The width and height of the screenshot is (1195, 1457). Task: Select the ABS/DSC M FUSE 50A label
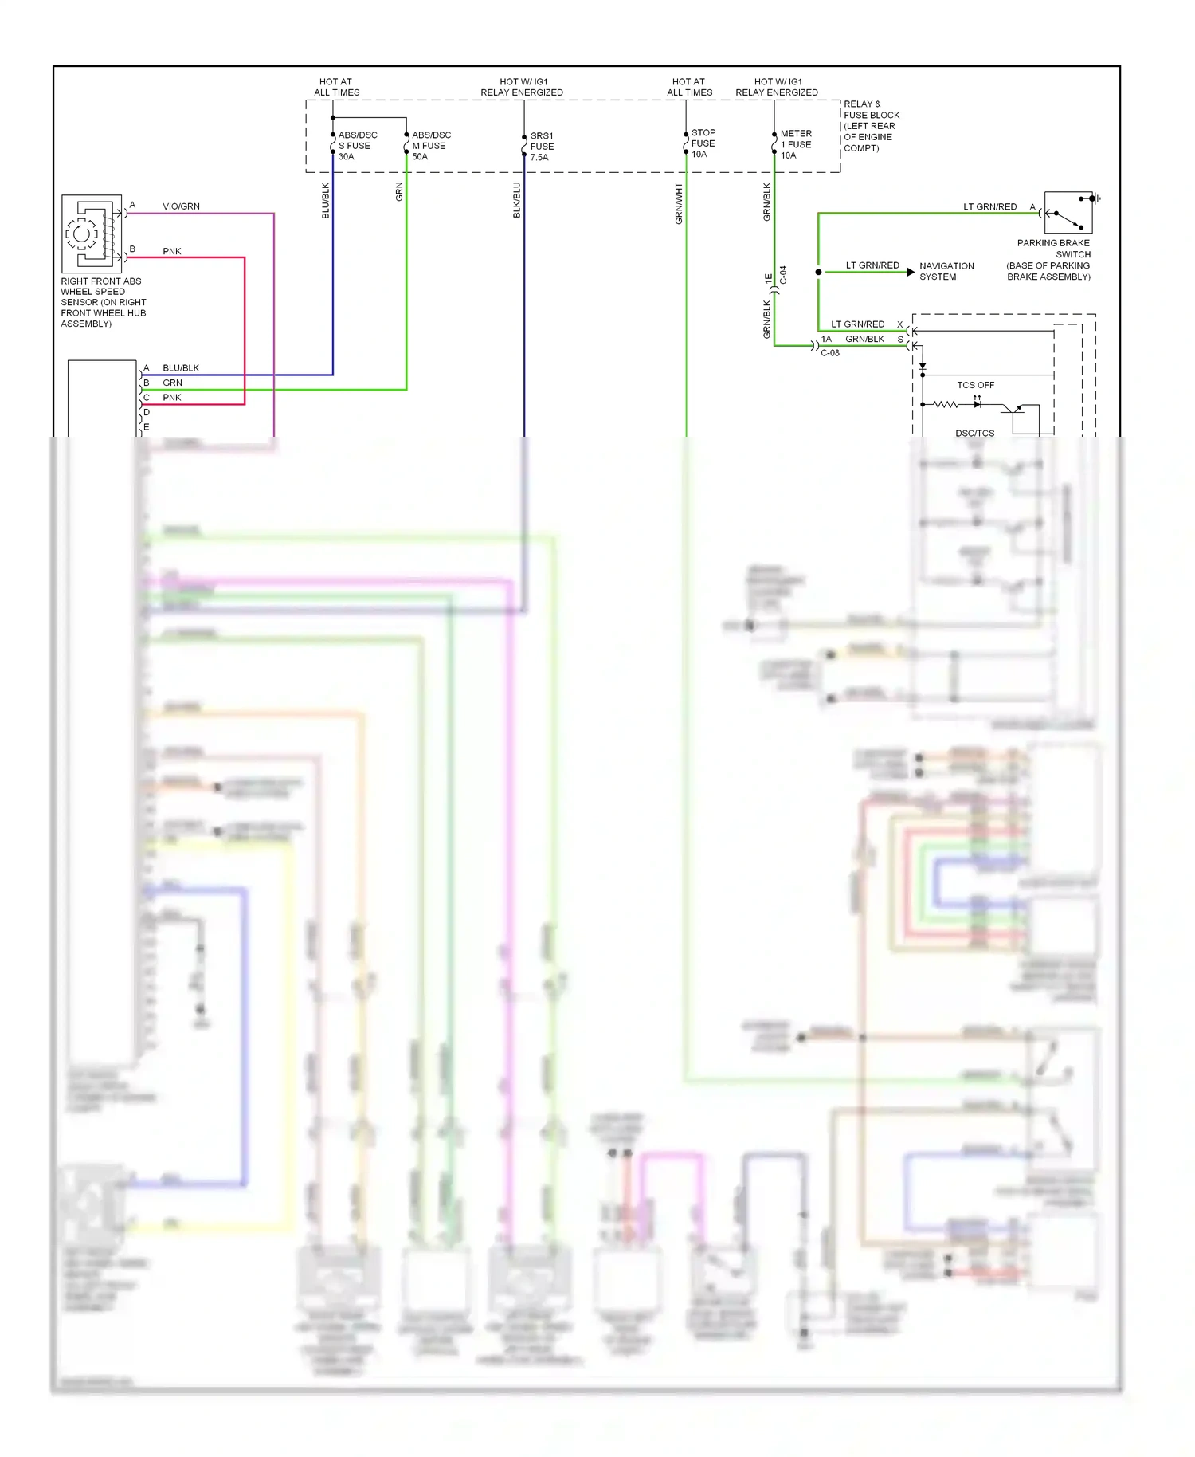pos(430,146)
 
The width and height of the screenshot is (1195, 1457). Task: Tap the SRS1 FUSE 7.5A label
pos(542,147)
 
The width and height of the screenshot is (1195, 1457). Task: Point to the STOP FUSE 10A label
pos(703,143)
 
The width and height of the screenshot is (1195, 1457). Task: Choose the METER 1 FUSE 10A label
pos(795,144)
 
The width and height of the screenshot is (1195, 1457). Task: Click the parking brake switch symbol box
pos(1068,212)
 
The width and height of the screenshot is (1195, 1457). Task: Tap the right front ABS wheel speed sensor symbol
pos(91,234)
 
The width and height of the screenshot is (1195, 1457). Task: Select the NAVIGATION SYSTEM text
pos(946,271)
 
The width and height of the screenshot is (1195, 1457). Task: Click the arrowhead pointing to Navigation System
pos(911,272)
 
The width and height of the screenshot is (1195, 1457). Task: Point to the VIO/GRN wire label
pos(181,206)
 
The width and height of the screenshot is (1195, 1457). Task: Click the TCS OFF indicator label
pos(975,385)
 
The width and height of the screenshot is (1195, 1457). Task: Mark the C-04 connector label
pos(783,275)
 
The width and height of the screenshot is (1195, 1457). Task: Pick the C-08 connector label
pos(830,353)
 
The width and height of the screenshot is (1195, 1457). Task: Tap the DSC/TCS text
pos(974,434)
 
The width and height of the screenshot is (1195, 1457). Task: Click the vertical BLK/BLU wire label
pos(516,199)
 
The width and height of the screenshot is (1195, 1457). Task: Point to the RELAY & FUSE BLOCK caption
pos(871,126)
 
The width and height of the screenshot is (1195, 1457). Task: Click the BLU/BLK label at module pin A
pos(181,368)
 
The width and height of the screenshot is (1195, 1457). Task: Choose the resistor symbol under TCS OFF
pos(946,405)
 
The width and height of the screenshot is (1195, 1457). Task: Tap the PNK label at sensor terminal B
pos(172,251)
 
